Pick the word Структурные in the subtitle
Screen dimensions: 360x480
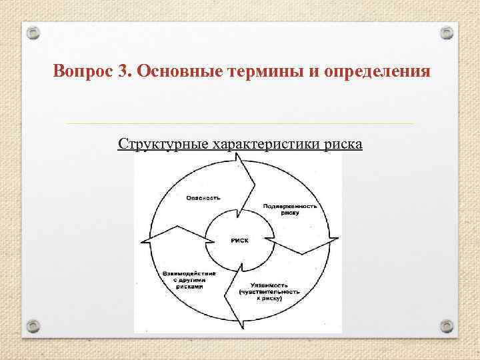[x=163, y=144]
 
